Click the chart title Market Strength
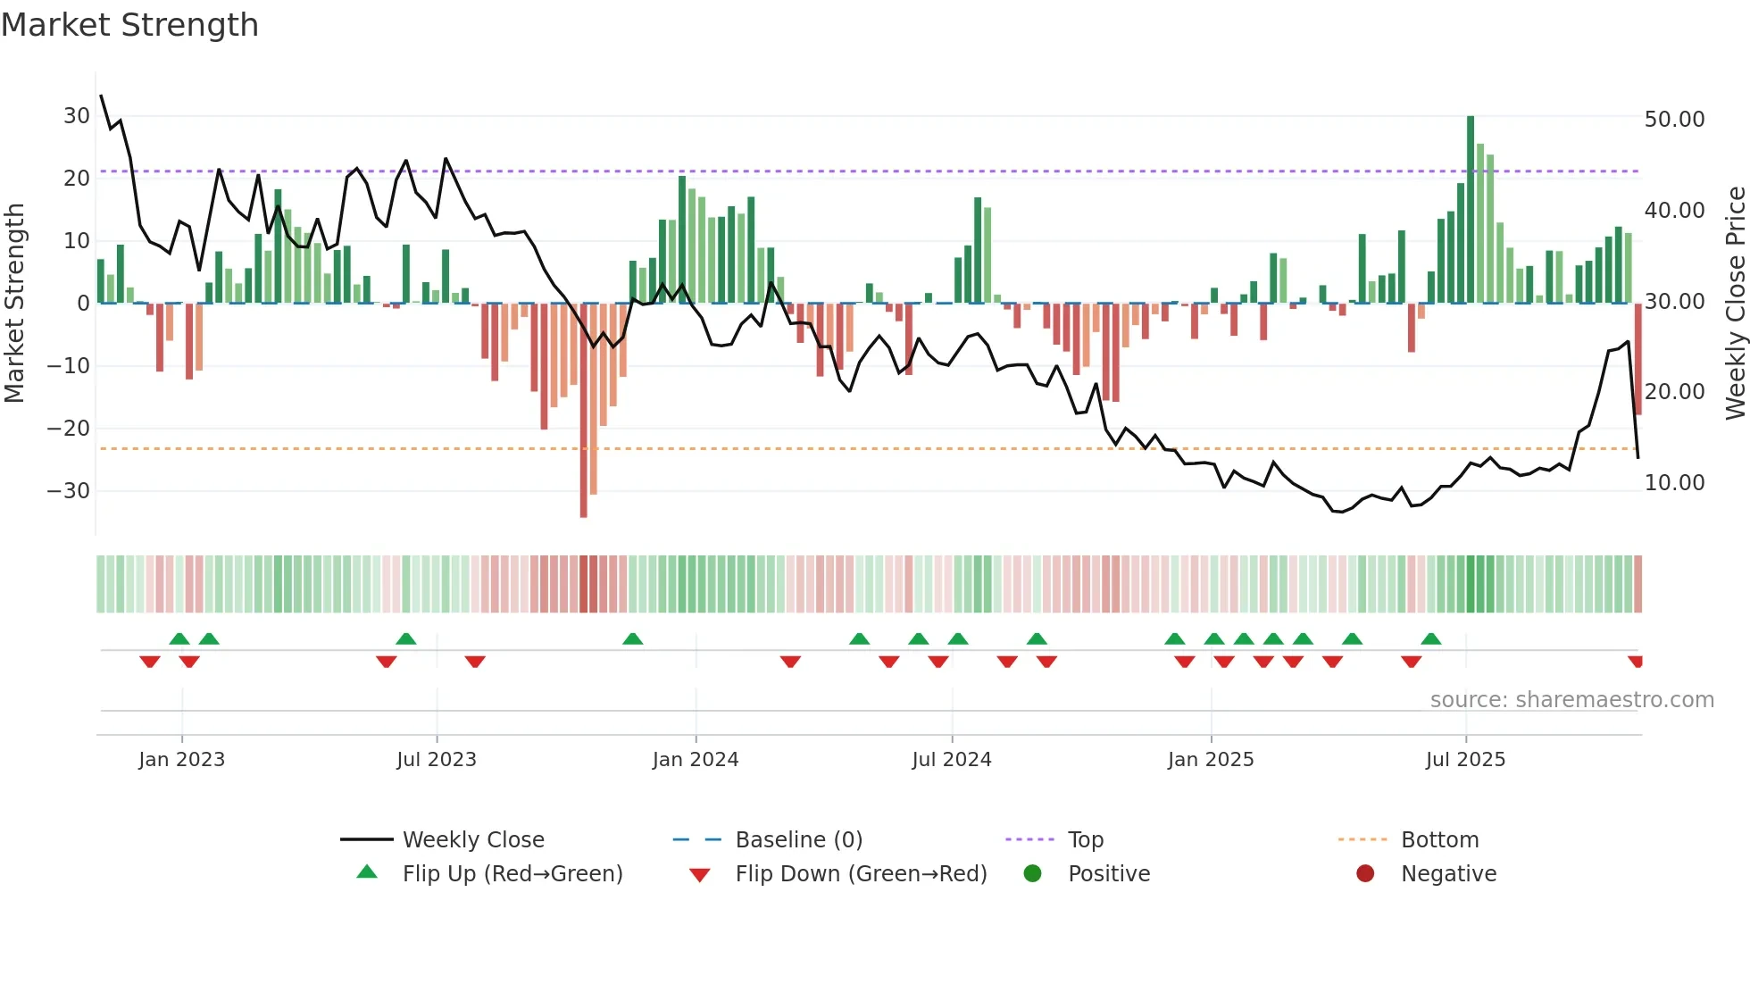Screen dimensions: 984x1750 (x=129, y=25)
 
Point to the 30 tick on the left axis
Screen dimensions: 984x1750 (x=77, y=116)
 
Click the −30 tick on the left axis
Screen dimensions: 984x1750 (x=69, y=491)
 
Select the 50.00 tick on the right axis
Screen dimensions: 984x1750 (x=1674, y=120)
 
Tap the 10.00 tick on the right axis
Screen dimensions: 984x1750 (x=1674, y=483)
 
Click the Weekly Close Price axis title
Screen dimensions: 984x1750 (x=1735, y=304)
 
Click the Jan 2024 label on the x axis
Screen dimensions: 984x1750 (x=696, y=760)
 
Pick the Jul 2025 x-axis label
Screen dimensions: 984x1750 (x=1465, y=760)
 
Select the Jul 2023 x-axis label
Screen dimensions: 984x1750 (x=437, y=760)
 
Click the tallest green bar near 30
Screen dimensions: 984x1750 (x=1471, y=210)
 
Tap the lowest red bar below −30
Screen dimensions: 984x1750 (x=583, y=411)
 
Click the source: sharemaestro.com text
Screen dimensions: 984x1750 (x=1571, y=700)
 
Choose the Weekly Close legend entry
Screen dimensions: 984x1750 (x=473, y=840)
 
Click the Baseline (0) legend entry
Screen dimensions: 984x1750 (x=798, y=840)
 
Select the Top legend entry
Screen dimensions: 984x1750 (x=1085, y=840)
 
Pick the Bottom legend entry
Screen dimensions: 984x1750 (x=1439, y=840)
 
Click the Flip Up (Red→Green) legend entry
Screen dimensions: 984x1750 (x=512, y=874)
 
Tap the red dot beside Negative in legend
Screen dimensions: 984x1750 (x=1365, y=874)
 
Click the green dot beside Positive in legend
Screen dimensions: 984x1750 (x=1032, y=874)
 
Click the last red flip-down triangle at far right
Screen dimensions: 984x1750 (x=1636, y=662)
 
